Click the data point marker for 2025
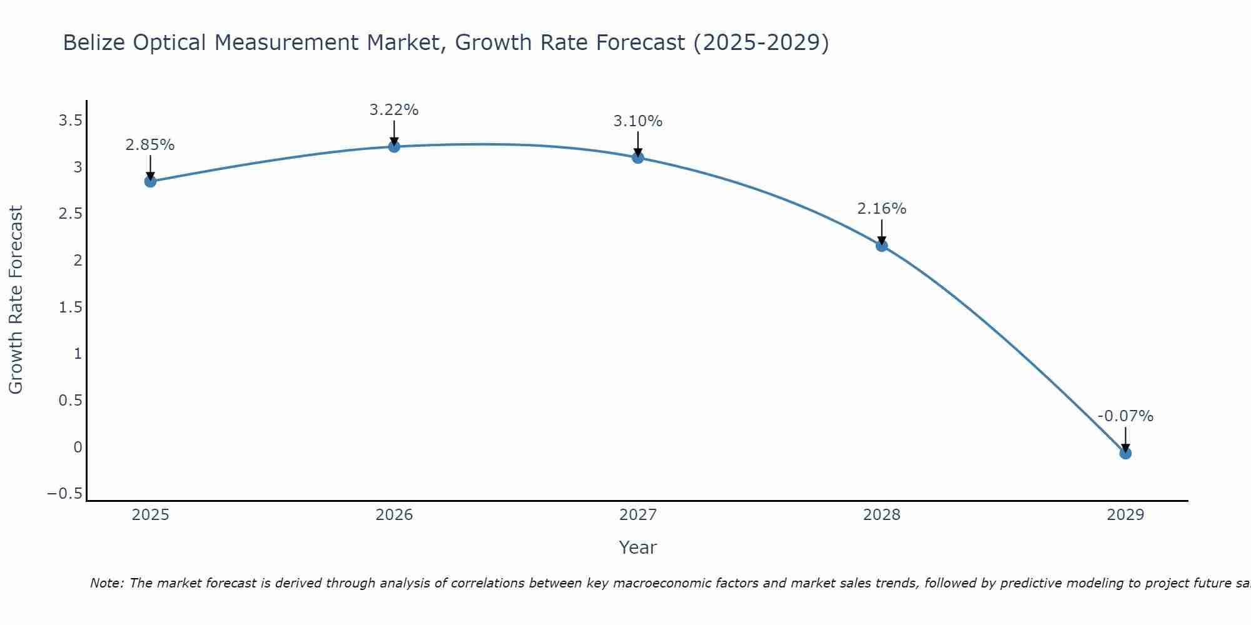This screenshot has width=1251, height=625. tap(150, 181)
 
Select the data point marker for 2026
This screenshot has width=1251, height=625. tap(394, 146)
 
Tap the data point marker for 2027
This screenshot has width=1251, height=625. tap(637, 157)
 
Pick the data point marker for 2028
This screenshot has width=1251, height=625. tap(881, 246)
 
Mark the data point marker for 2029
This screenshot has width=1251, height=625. tap(1125, 453)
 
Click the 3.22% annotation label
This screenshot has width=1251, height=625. tap(393, 110)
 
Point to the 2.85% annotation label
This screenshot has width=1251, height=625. tap(149, 145)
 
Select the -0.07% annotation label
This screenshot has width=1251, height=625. tap(1125, 416)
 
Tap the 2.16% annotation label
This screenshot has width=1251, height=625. tap(881, 209)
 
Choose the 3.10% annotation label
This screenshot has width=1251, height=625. tap(637, 121)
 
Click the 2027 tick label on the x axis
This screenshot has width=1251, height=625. tap(637, 515)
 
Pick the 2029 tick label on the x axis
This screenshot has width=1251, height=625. tap(1125, 515)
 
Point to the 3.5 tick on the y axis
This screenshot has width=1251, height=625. tap(70, 121)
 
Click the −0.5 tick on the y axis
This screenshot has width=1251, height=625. tap(64, 494)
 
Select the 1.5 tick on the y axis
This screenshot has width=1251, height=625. tap(70, 307)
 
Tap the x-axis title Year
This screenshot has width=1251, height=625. tap(637, 547)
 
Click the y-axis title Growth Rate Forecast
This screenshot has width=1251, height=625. tap(16, 300)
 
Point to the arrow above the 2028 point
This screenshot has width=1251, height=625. tap(881, 232)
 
